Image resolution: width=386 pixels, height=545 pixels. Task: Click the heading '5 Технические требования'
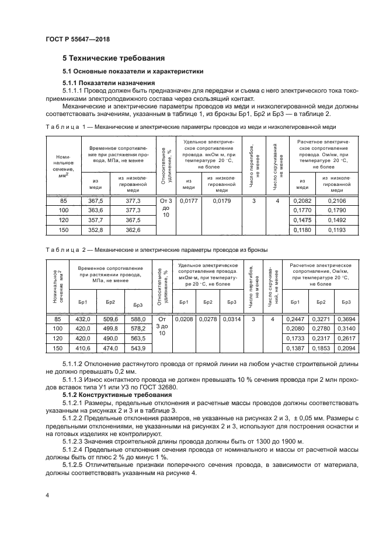[113, 58]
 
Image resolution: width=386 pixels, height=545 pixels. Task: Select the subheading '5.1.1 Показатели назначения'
[105, 83]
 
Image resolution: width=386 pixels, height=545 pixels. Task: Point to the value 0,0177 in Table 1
[188, 201]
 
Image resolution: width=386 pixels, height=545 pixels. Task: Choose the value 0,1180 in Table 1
[301, 230]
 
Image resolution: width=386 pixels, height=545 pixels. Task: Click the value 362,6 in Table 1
[134, 230]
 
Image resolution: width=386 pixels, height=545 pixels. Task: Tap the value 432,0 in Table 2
[83, 319]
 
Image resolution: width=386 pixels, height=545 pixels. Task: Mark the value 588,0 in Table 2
[138, 319]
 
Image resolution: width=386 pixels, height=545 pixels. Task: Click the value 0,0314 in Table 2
[231, 319]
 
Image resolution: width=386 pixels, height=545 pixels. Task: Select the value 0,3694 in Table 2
[346, 319]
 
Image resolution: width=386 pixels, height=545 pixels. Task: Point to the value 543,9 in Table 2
[138, 348]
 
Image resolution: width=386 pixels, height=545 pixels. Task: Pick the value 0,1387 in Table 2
[295, 348]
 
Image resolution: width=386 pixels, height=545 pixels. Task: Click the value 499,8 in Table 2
[110, 329]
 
